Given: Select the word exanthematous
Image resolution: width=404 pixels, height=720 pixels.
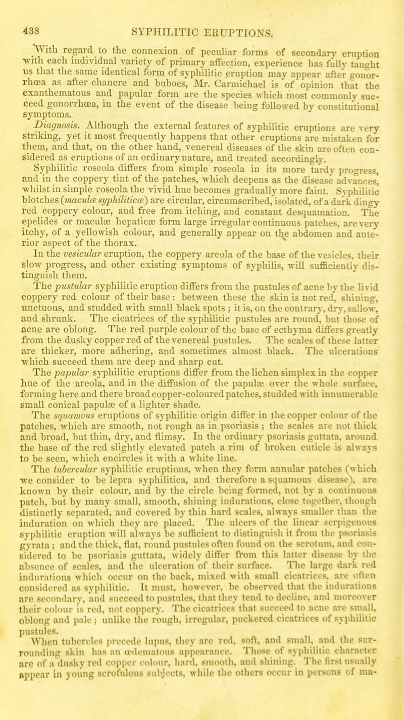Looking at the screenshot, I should (46, 71).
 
